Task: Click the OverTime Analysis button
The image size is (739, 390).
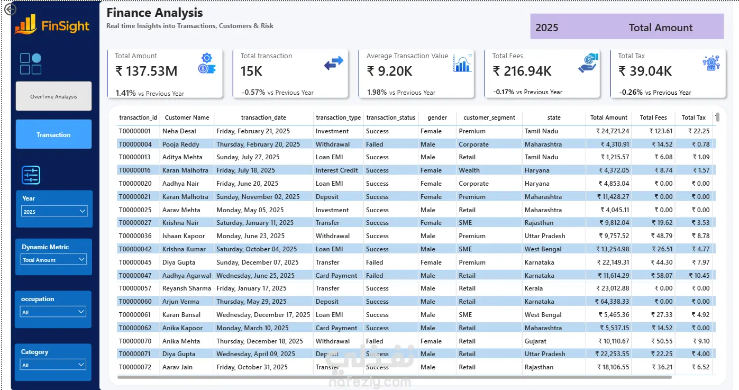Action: [x=53, y=96]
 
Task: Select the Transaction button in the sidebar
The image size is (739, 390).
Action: [x=53, y=134]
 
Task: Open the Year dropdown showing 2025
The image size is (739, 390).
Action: [x=54, y=211]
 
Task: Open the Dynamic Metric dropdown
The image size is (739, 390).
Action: [x=53, y=260]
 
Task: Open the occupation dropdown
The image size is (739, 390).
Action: [x=53, y=312]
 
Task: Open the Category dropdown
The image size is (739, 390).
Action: [x=53, y=365]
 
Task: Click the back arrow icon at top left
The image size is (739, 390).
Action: [x=10, y=9]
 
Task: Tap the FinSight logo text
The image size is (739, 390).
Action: [x=65, y=26]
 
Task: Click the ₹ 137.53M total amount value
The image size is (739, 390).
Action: [x=146, y=71]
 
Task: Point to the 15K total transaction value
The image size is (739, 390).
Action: [x=251, y=71]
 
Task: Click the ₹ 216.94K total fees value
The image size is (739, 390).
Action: [x=522, y=71]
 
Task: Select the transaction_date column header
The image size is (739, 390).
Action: [x=263, y=117]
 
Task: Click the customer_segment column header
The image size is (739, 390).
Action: [x=489, y=117]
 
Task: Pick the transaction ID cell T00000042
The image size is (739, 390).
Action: [x=135, y=249]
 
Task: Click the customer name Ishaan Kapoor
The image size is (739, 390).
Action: [x=184, y=236]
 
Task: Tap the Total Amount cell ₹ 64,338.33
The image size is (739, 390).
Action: [x=612, y=302]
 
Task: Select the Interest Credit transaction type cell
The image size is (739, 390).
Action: [x=336, y=170]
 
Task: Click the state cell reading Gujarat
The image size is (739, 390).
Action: [x=535, y=341]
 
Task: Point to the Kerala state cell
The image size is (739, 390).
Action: [x=533, y=288]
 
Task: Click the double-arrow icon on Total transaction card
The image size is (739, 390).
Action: [x=334, y=63]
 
